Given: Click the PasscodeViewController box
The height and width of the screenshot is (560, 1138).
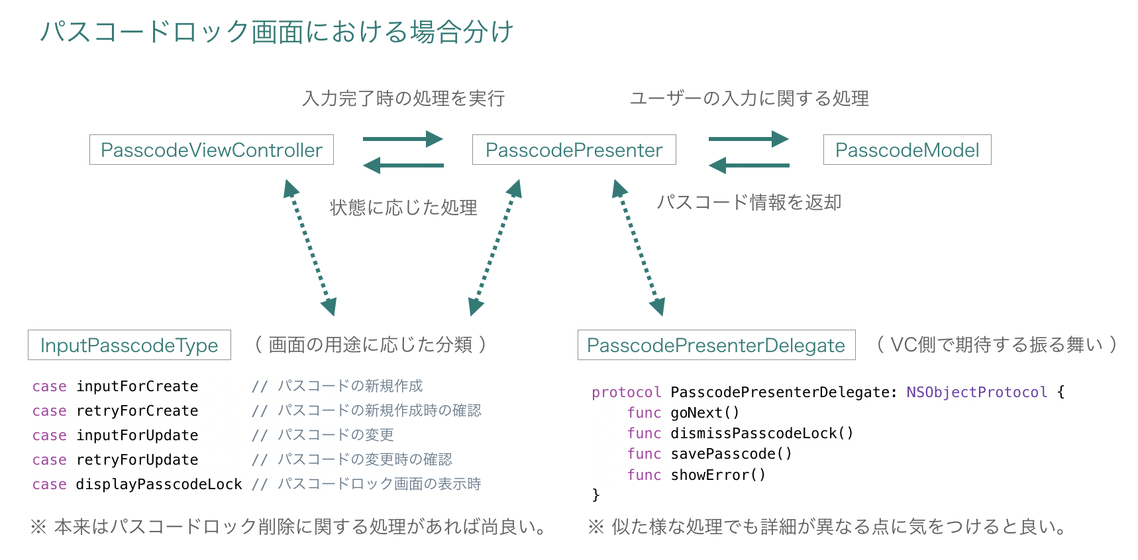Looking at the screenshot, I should pos(211,150).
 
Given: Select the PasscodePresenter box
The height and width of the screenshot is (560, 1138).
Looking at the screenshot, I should pos(574,150).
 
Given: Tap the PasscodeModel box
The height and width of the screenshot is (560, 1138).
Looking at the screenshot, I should pos(907,150).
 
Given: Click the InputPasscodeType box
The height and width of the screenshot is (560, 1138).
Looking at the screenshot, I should pos(129,345).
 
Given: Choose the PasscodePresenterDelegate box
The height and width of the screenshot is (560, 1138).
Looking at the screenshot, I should pos(716,345).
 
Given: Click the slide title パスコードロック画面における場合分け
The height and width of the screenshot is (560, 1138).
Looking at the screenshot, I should pos(277,31).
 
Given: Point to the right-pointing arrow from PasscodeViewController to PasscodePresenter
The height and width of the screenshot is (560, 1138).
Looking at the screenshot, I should pos(403,139).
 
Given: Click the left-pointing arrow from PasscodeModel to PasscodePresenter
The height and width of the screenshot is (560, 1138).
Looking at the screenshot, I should pos(749,165).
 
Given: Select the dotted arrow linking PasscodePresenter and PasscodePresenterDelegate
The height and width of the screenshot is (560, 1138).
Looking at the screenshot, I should pos(638,248).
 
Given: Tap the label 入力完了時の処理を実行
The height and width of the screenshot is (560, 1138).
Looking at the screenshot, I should pos(403,99).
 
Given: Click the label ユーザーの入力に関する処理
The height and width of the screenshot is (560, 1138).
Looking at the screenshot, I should pos(749,99).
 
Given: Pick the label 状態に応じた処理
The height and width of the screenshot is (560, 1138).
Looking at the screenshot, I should pos(403,208).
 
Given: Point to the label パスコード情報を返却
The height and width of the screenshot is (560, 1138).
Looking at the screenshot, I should pos(749,203).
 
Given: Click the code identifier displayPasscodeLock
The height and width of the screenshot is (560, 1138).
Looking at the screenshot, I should pos(159,485).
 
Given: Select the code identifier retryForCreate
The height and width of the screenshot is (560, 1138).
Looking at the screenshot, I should pos(137,411).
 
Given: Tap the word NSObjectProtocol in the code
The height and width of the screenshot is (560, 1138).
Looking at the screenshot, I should pos(976,392).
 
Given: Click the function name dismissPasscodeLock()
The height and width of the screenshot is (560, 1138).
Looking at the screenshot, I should pos(762,434).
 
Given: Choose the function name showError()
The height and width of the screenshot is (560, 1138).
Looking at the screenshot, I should pos(718,475).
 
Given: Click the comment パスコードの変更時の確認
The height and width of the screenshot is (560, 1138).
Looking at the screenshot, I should pos(364,459).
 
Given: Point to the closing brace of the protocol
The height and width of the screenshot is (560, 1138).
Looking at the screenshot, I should pos(595,494).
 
